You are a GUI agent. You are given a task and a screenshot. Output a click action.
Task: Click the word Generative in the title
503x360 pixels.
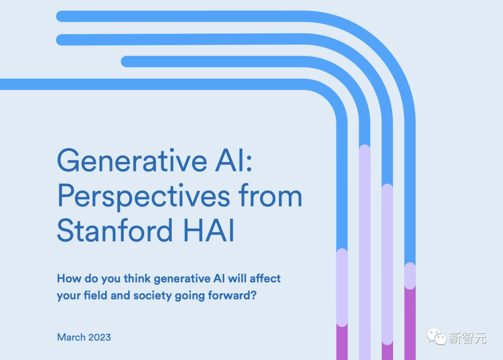[132, 160]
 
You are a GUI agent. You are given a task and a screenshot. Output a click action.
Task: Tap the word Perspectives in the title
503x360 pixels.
[144, 197]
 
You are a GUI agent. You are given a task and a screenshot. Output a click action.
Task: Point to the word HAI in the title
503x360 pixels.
[209, 230]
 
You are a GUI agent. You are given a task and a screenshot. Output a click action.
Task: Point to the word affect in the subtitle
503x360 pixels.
[265, 278]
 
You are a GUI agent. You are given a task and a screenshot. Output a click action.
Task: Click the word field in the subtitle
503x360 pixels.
[95, 295]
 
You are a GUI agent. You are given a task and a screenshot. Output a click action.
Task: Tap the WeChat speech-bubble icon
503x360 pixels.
[436, 337]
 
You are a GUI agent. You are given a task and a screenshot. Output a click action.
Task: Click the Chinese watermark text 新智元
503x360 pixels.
[468, 338]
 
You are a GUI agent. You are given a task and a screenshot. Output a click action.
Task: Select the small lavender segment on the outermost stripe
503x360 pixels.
[410, 276]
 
